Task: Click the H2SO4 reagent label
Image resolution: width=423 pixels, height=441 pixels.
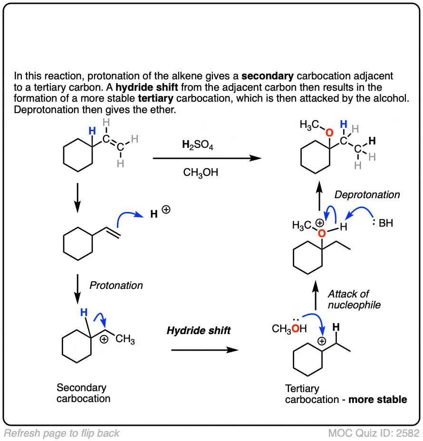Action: (x=198, y=146)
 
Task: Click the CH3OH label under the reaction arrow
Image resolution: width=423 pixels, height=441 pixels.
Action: (x=201, y=173)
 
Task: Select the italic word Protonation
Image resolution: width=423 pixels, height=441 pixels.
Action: (x=116, y=285)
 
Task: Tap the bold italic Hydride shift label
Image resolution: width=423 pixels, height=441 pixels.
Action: (x=199, y=330)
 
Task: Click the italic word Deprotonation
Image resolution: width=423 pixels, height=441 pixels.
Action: (x=367, y=195)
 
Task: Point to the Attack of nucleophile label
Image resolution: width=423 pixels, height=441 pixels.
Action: (x=354, y=299)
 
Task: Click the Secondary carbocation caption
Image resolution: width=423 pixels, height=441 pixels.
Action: (x=83, y=393)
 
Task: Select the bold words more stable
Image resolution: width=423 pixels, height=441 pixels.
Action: (x=378, y=400)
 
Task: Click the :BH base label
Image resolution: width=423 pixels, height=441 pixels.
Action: (x=382, y=222)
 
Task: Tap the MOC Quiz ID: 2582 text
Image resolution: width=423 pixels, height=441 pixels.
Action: (x=374, y=433)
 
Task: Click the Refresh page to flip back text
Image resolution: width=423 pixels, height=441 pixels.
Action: (x=62, y=433)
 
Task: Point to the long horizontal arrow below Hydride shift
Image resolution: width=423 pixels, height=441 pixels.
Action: (x=204, y=350)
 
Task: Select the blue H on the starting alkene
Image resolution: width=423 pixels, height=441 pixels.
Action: (x=93, y=131)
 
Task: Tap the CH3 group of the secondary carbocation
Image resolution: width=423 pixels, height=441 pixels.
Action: (x=125, y=339)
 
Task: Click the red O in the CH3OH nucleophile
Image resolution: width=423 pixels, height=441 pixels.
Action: (x=296, y=328)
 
